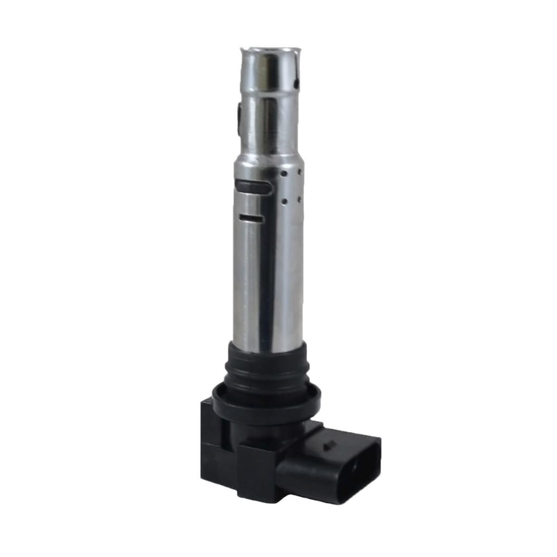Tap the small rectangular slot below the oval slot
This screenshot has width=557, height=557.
[251, 217]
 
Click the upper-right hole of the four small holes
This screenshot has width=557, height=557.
[297, 171]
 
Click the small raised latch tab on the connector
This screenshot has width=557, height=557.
[330, 445]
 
